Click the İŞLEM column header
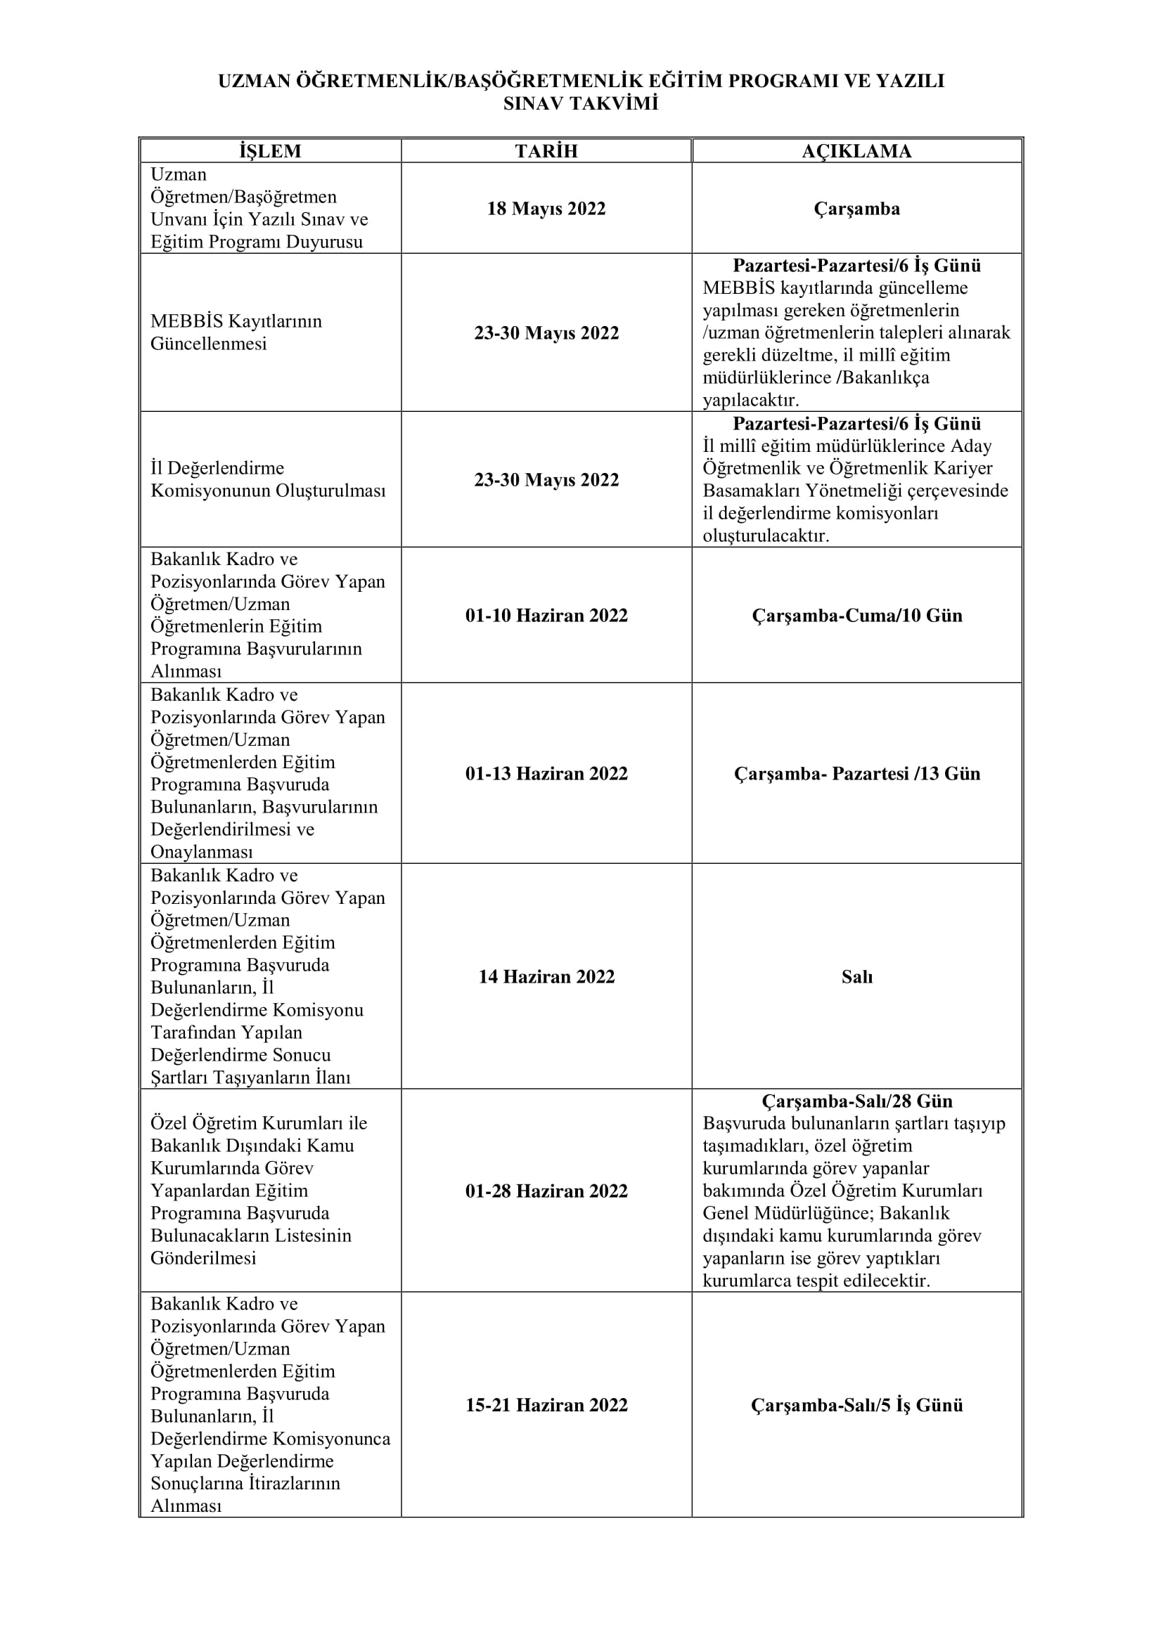(270, 151)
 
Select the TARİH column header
(546, 151)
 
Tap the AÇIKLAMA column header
(856, 151)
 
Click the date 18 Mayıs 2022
(546, 208)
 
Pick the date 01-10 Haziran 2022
(546, 615)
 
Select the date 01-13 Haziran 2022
(546, 773)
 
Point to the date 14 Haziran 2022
(546, 977)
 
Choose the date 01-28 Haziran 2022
(546, 1191)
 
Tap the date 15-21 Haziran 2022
(546, 1405)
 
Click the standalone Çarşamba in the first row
(856, 208)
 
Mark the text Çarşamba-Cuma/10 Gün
(856, 615)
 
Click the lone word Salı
(856, 977)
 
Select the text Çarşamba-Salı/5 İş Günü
(856, 1405)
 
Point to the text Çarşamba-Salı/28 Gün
(856, 1101)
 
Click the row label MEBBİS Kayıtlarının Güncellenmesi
(236, 332)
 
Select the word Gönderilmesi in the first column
(203, 1258)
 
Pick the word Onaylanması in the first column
(201, 852)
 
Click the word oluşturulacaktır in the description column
(766, 536)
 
